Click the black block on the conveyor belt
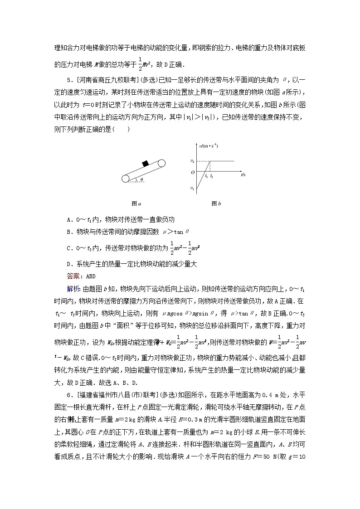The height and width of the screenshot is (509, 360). tap(146, 164)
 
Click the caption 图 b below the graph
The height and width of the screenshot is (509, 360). tap(216, 204)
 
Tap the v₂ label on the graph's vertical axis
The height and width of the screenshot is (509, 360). tap(192, 161)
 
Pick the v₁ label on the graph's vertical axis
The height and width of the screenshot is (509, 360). tap(192, 188)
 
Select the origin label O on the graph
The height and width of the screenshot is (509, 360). tap(192, 172)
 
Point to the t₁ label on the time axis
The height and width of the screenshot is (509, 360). tap(206, 175)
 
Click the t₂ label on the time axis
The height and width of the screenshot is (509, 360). tap(212, 175)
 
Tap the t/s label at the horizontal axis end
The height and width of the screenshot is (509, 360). tap(243, 174)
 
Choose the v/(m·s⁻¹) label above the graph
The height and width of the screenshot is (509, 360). tap(208, 145)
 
